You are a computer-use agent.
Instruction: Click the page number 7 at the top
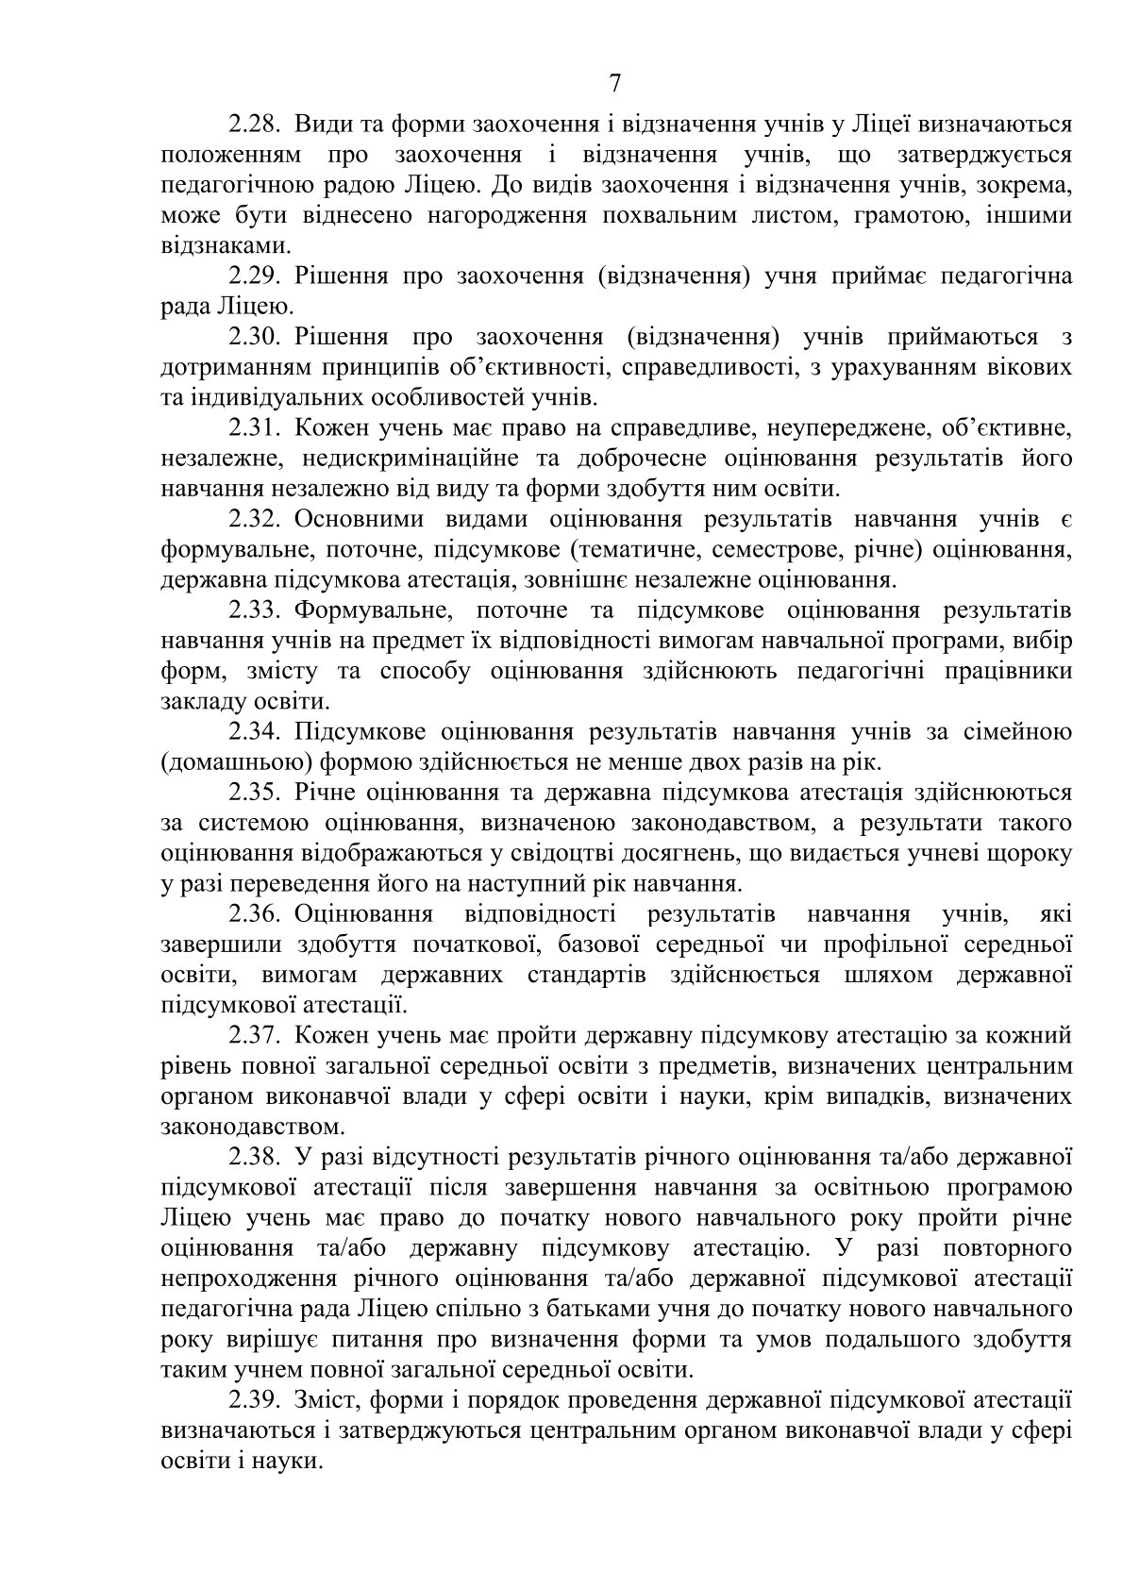click(615, 84)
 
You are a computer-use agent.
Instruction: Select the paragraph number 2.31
click(256, 428)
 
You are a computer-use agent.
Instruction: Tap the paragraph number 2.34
click(256, 731)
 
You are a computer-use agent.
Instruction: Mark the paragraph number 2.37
click(256, 1035)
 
